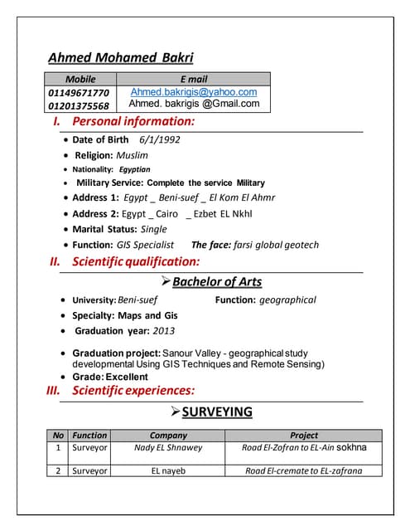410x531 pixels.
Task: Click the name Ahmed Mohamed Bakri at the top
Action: pos(121,57)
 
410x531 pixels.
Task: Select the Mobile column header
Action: pos(80,79)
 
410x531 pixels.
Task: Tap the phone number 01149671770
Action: pos(79,92)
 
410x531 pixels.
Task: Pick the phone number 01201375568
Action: pos(79,105)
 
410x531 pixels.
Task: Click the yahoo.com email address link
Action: pos(194,92)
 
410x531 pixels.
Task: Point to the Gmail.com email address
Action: pos(194,105)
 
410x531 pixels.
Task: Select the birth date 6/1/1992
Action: pos(160,139)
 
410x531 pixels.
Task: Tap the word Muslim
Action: pos(133,155)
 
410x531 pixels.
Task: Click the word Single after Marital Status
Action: pos(153,229)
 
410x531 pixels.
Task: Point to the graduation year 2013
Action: pos(164,330)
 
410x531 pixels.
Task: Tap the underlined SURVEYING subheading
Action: pos(217,412)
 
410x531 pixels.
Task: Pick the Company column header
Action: pos(168,435)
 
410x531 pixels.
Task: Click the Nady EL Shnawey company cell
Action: pos(168,448)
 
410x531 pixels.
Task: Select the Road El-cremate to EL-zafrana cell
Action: pos(303,470)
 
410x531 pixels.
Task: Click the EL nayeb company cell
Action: pos(168,470)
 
